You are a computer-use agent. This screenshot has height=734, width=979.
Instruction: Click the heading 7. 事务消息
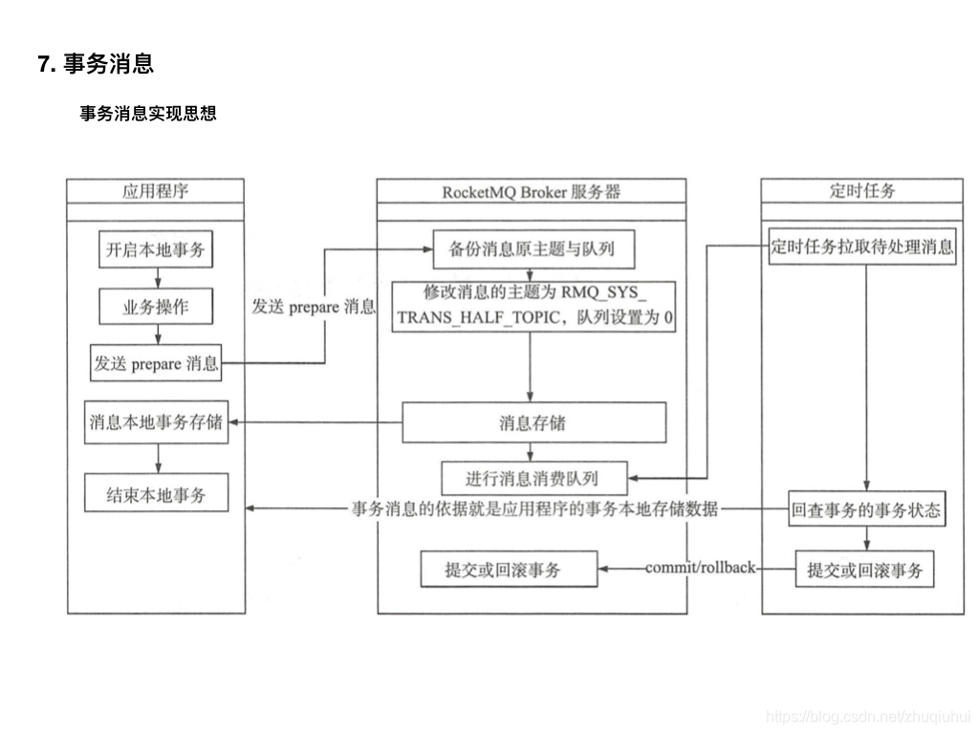pyautogui.click(x=96, y=64)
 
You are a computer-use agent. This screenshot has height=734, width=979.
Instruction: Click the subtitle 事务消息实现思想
pyautogui.click(x=148, y=114)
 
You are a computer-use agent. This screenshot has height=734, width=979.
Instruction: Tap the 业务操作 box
pyautogui.click(x=156, y=307)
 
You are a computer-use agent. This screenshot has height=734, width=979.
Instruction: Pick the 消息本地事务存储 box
pyautogui.click(x=156, y=422)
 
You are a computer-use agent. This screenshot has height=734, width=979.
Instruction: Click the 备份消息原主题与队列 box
pyautogui.click(x=533, y=250)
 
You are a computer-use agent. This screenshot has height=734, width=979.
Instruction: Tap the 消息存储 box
pyautogui.click(x=533, y=422)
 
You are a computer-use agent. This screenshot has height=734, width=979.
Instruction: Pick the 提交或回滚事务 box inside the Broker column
pyautogui.click(x=509, y=570)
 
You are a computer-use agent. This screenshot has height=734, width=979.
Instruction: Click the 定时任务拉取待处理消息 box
pyautogui.click(x=862, y=247)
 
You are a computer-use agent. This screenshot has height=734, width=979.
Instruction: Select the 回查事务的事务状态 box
pyautogui.click(x=865, y=510)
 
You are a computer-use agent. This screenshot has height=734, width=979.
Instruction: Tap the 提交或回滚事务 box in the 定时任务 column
pyautogui.click(x=865, y=570)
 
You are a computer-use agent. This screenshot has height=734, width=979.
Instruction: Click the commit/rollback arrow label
pyautogui.click(x=700, y=568)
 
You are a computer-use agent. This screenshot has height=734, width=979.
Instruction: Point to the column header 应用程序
pyautogui.click(x=155, y=191)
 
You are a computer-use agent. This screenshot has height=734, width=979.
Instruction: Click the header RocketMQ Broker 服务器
pyautogui.click(x=531, y=191)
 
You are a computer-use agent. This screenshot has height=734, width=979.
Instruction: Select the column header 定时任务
pyautogui.click(x=862, y=191)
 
